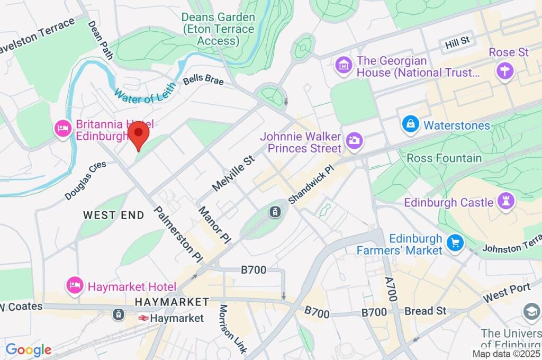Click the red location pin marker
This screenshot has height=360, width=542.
coord(138,135)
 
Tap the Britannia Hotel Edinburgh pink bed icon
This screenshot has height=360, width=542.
coord(63,129)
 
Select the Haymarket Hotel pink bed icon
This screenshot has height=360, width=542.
coord(75,286)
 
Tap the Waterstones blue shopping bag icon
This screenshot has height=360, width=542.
coord(410,125)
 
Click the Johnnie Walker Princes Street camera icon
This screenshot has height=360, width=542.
coord(353,140)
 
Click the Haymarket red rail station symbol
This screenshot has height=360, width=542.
coord(142,318)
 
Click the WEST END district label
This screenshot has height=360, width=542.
coord(113,215)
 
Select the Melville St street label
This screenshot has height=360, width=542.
coord(233,172)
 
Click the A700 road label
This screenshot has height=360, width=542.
coord(391,288)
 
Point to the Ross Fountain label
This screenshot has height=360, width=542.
coord(444,158)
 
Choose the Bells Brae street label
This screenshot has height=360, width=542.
coord(203,81)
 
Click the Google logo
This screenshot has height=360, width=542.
coord(29,349)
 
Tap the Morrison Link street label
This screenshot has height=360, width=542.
coord(233,329)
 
